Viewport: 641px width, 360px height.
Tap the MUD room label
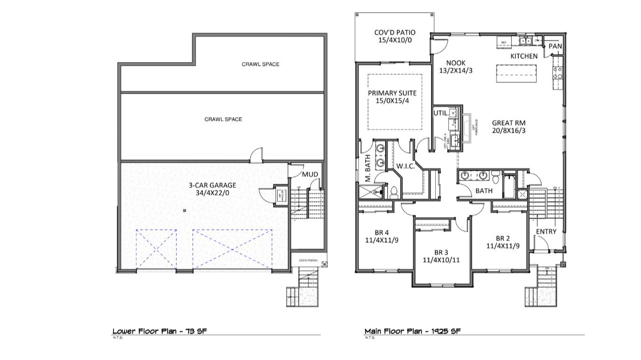(x=310, y=175)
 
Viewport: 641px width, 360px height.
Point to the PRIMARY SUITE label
(x=392, y=93)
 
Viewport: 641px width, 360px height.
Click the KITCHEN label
(x=524, y=56)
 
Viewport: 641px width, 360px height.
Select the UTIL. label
(x=440, y=113)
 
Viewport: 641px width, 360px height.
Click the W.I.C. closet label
(x=405, y=166)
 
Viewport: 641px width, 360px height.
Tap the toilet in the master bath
(x=394, y=192)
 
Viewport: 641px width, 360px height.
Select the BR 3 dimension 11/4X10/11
(x=441, y=259)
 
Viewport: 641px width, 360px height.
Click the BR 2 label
(x=503, y=238)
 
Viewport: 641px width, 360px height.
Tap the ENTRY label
(x=546, y=232)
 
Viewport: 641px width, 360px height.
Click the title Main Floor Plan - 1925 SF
(x=412, y=331)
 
